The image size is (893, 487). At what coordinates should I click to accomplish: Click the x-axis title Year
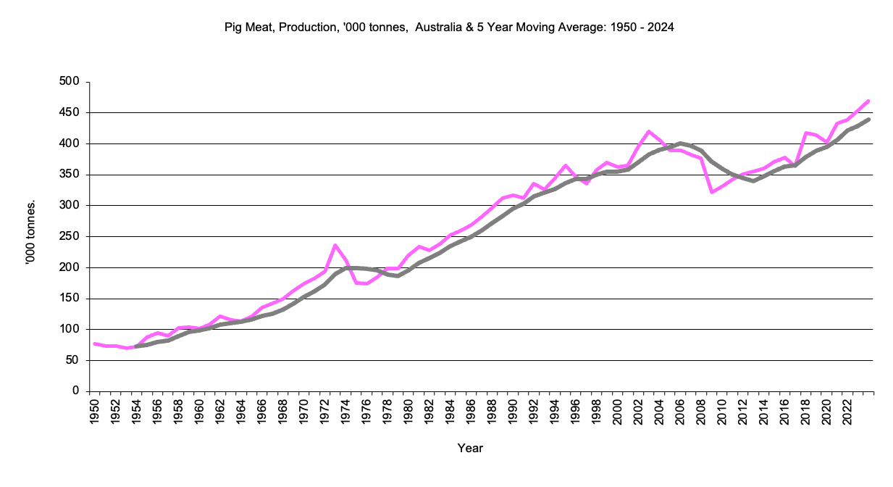pos(470,448)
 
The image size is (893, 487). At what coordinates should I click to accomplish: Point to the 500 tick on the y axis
pos(70,82)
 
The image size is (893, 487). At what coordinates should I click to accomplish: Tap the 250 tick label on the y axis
pos(70,237)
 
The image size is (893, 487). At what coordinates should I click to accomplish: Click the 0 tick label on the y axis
pos(75,391)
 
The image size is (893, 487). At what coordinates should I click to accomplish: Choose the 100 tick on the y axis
pos(70,330)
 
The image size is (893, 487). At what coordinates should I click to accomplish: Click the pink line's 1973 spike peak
pos(335,245)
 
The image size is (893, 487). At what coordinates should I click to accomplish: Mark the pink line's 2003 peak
pos(649,131)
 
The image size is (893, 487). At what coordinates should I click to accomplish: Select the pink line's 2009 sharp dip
pos(712,192)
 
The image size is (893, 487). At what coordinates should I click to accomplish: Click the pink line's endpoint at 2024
pos(868,101)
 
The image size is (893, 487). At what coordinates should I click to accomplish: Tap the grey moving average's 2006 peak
pos(680,143)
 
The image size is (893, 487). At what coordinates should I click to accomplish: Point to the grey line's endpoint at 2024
pos(868,120)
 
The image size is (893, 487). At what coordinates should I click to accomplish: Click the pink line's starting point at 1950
pos(94,344)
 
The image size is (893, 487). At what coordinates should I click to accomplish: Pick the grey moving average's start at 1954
pos(136,346)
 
